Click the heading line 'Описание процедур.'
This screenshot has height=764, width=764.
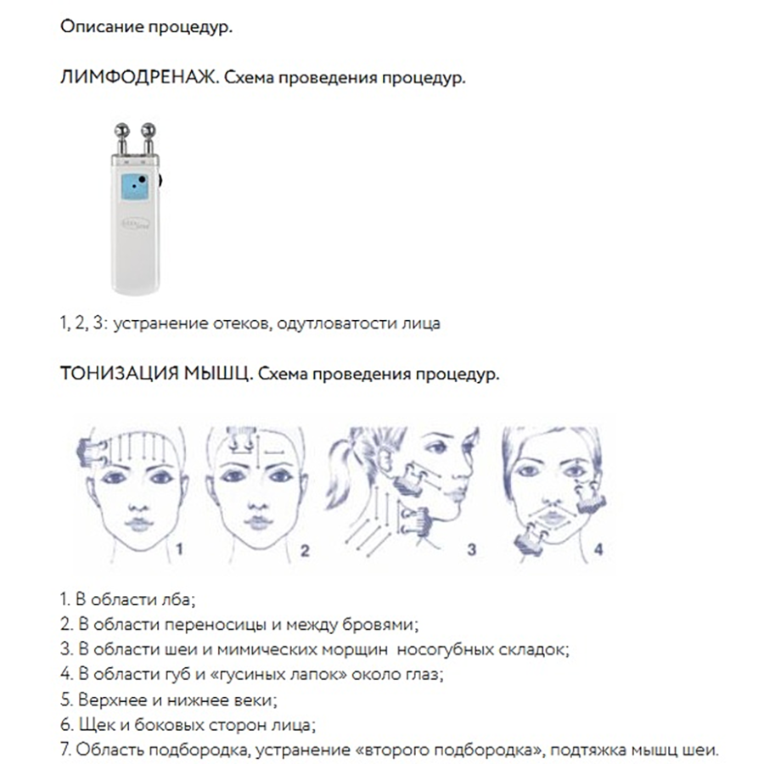146,27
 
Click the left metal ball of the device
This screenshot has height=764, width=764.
121,132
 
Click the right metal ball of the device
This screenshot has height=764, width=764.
150,132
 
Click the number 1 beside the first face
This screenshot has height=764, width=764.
179,550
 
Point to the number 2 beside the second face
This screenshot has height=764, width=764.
305,550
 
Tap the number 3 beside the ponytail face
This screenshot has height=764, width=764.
472,549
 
